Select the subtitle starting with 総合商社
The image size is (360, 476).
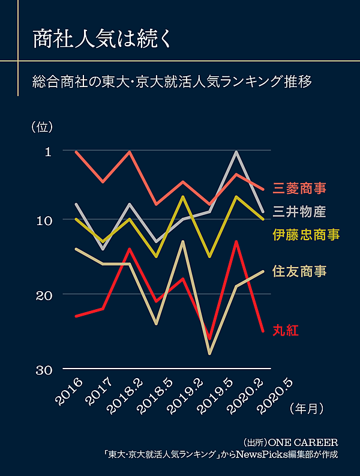pyautogui.click(x=173, y=81)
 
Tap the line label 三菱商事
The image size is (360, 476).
pyautogui.click(x=299, y=188)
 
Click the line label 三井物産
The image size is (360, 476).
pyautogui.click(x=299, y=211)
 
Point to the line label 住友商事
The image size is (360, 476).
pyautogui.click(x=299, y=271)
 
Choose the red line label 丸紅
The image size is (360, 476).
pyautogui.click(x=286, y=330)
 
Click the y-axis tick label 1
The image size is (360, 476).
pyautogui.click(x=48, y=151)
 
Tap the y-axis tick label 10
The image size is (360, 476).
pyautogui.click(x=45, y=220)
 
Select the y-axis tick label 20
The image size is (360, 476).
pyautogui.click(x=45, y=294)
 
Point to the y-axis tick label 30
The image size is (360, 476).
pyautogui.click(x=45, y=369)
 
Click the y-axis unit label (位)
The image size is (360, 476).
pyautogui.click(x=42, y=127)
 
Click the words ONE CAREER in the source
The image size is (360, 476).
pyautogui.click(x=300, y=442)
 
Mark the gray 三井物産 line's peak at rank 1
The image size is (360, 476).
pyautogui.click(x=236, y=152)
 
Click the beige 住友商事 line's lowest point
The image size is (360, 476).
pyautogui.click(x=209, y=354)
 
